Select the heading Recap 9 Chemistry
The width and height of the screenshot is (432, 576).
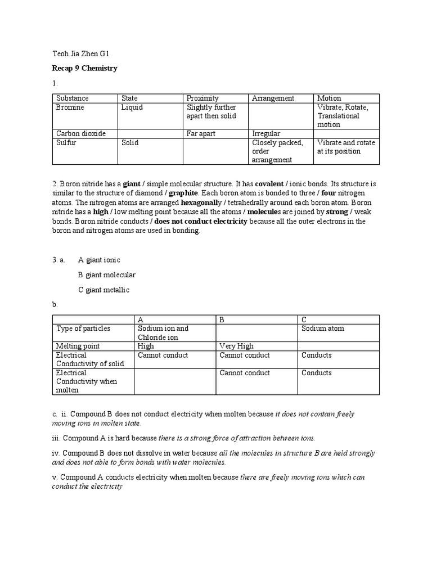pos(84,68)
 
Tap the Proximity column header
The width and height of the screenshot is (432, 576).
pos(202,98)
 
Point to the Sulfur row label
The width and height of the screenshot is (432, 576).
pos(66,142)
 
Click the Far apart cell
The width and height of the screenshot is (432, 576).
pos(201,133)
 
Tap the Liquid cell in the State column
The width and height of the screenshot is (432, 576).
pos(132,107)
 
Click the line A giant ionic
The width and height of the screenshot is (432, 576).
pos(99,260)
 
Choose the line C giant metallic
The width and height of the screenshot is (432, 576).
pos(103,290)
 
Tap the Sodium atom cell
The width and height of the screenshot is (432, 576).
pos(323,328)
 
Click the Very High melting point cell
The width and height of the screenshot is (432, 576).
pos(236,346)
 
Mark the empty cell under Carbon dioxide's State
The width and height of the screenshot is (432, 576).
pos(150,133)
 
